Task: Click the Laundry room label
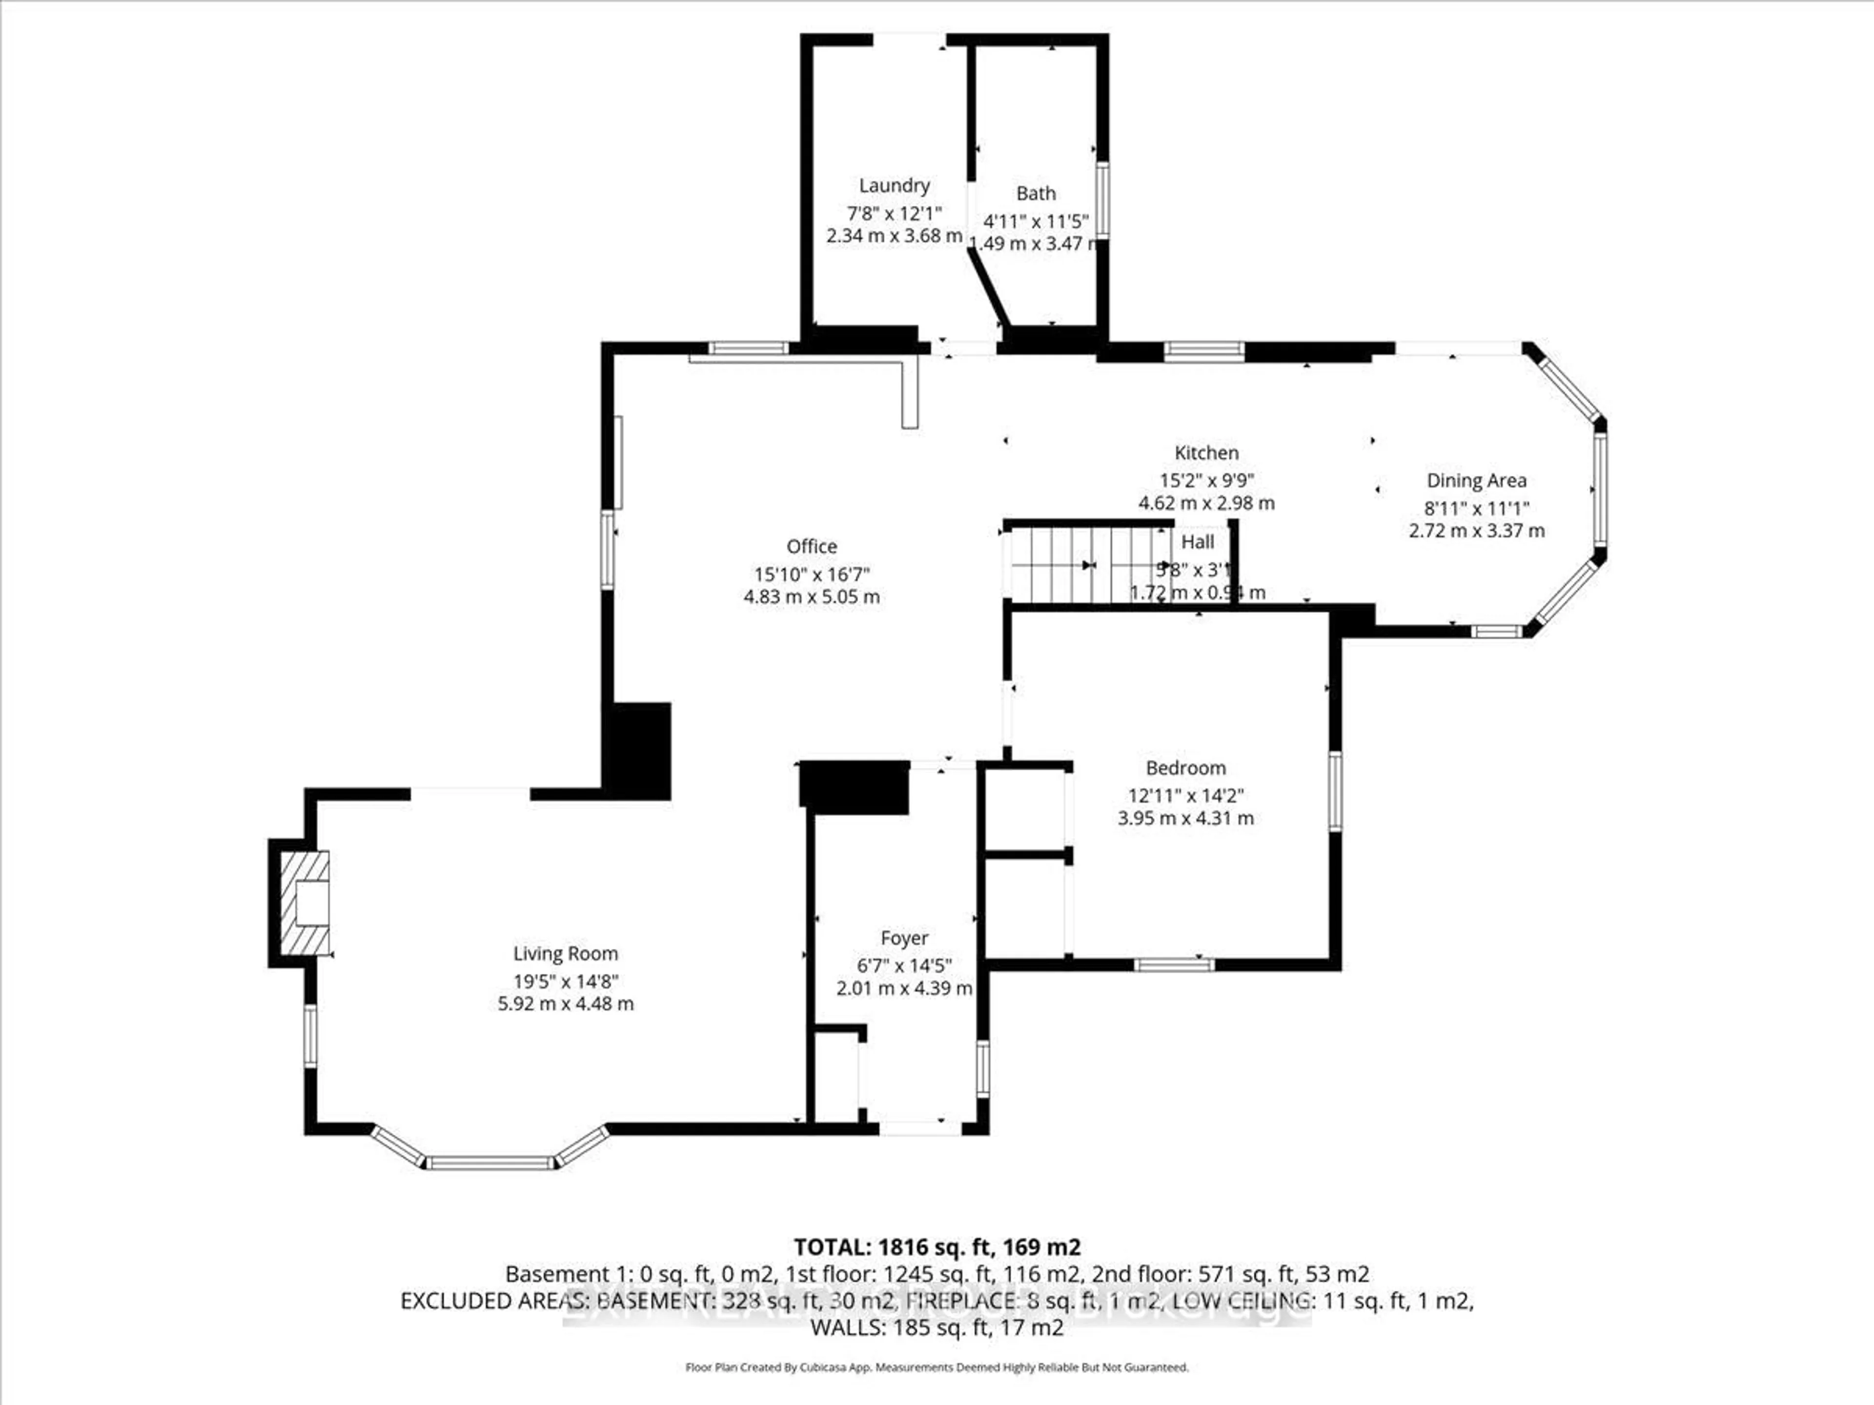(x=894, y=185)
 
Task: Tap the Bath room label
(x=1035, y=193)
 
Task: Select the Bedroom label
(x=1185, y=768)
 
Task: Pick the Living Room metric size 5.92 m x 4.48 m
(x=565, y=1004)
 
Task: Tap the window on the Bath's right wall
(x=1101, y=200)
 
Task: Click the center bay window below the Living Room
(x=489, y=1163)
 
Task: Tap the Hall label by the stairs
(x=1197, y=542)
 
